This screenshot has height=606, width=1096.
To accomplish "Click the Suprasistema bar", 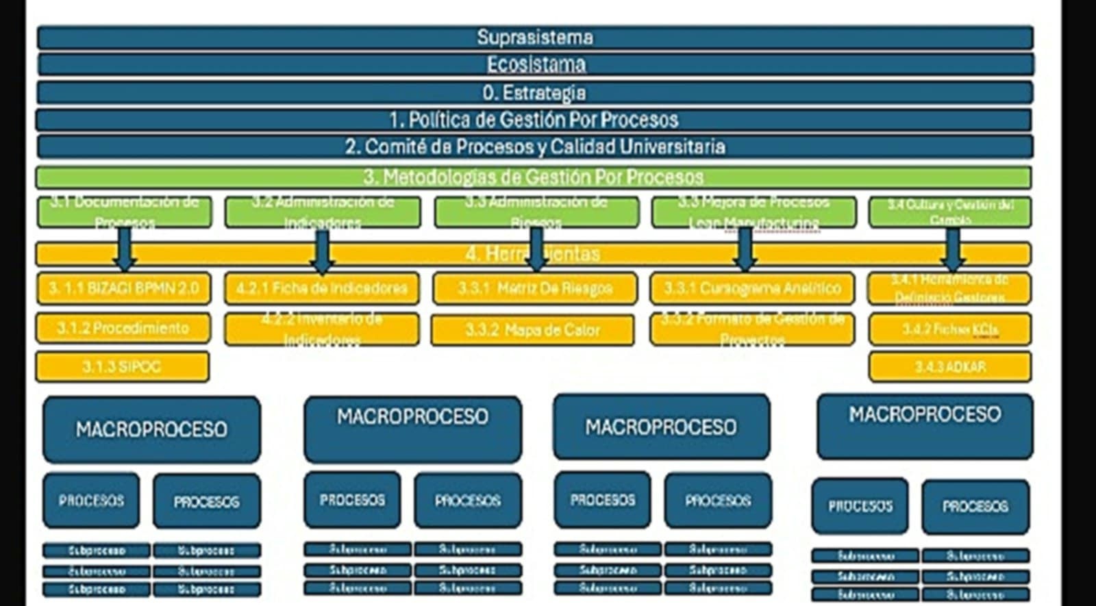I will click(x=534, y=37).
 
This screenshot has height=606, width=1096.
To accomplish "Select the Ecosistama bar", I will click(x=534, y=64).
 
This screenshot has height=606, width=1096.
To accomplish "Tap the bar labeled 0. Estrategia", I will click(x=534, y=92).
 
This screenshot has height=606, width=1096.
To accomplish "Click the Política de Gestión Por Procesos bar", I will click(x=534, y=120).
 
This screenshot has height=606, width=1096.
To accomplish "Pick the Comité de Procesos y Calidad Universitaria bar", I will click(x=534, y=147).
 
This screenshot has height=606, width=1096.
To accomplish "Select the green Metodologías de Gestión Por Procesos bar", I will click(x=534, y=177).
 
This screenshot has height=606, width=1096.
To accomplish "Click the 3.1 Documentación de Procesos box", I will click(x=125, y=212).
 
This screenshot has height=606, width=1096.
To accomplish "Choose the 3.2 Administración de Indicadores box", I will click(x=323, y=212).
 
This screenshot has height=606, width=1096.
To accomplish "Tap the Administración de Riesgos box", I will click(x=536, y=212).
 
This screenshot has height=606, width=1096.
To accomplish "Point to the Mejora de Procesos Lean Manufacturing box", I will click(x=754, y=212).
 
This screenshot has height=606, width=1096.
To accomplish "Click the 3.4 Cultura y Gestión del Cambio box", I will click(x=949, y=212).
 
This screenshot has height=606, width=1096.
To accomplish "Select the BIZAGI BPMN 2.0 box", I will click(x=123, y=288).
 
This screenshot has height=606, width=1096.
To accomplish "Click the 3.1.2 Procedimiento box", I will click(x=123, y=328).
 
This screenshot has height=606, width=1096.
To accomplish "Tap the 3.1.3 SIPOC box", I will click(x=122, y=366).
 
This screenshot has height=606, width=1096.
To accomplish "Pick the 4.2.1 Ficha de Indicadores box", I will click(x=322, y=288).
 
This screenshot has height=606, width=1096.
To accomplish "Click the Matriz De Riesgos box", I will click(x=535, y=288).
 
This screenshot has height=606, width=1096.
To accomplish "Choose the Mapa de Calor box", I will click(x=532, y=330).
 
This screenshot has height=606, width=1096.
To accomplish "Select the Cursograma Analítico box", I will click(x=752, y=288).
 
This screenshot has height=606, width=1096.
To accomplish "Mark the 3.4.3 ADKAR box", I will click(x=949, y=367).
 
